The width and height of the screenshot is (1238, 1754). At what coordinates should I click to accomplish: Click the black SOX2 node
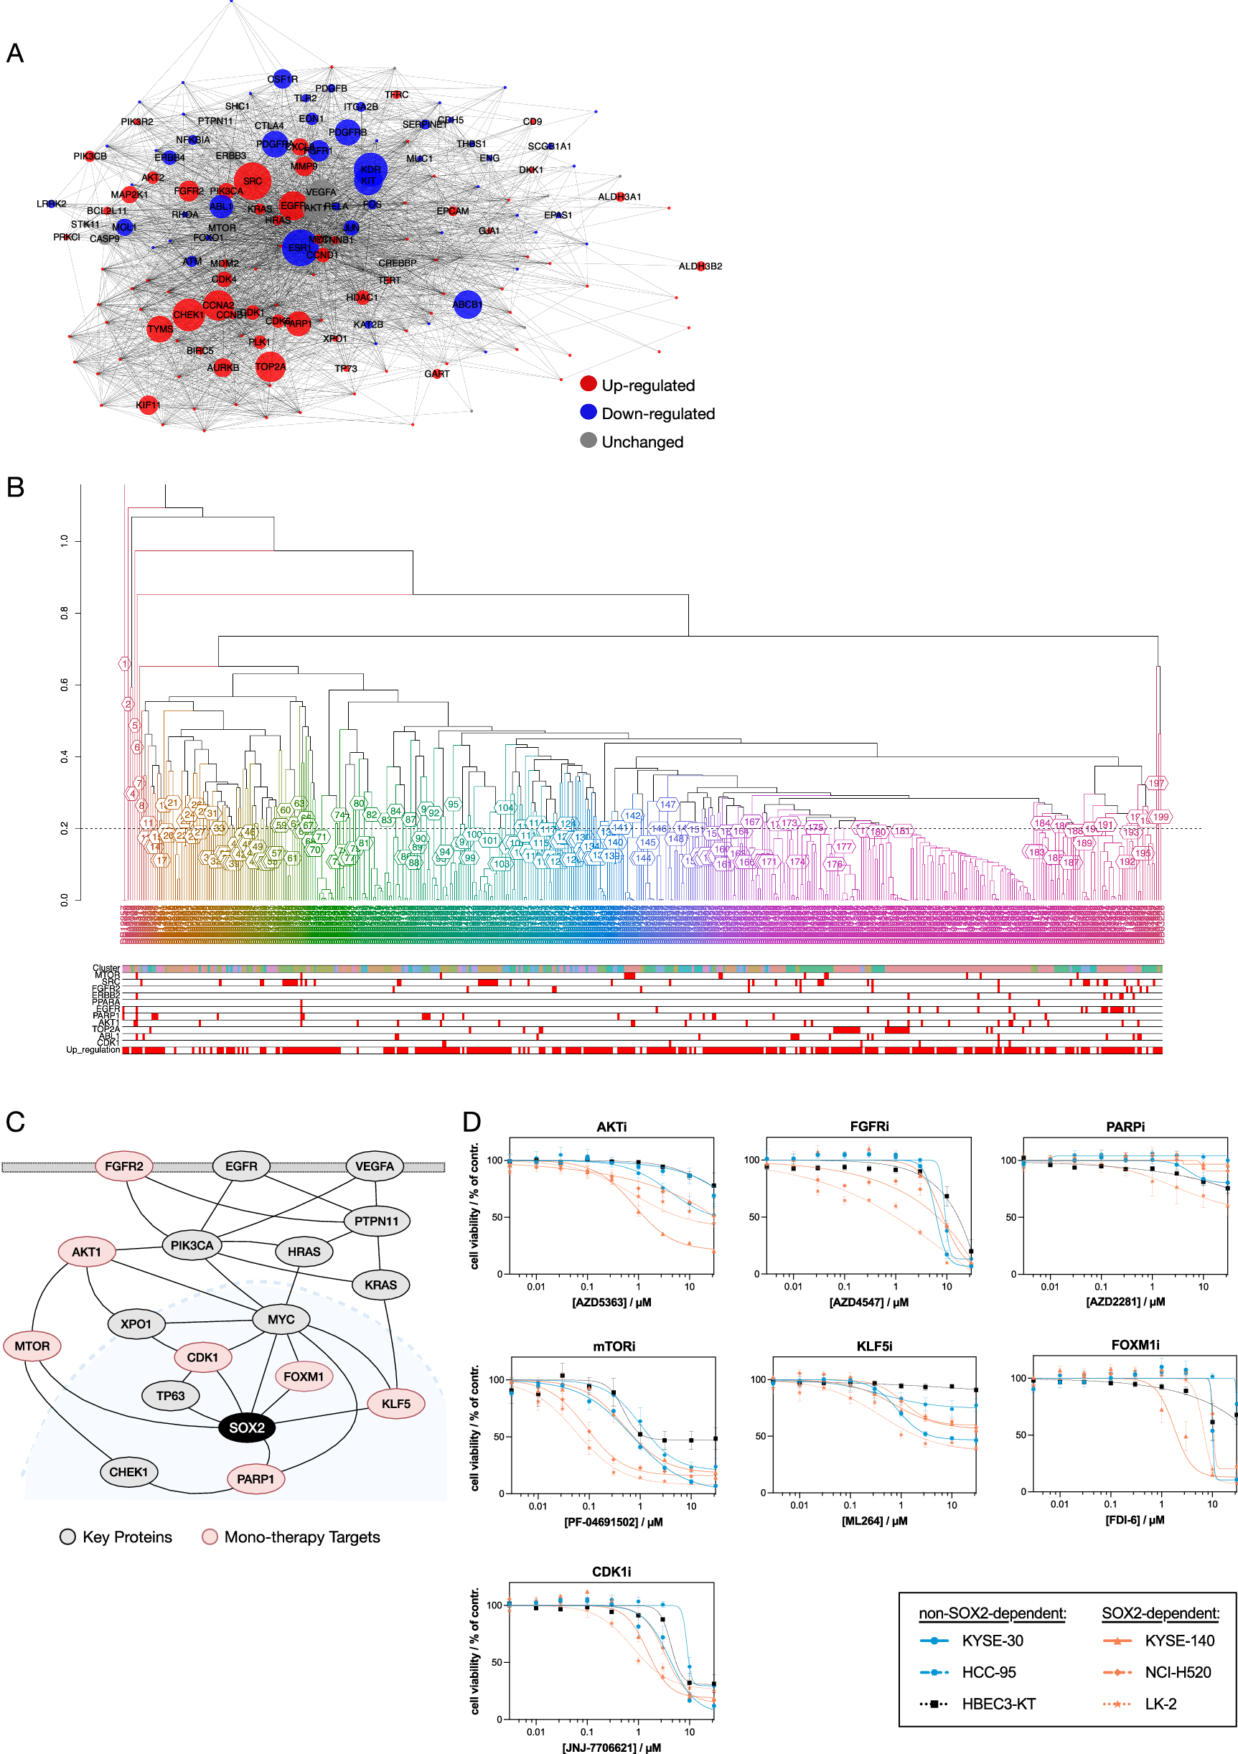click(x=247, y=1427)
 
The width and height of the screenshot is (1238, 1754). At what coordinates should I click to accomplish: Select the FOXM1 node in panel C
click(x=303, y=1377)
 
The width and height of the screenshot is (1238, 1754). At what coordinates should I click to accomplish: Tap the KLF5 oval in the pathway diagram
click(x=395, y=1403)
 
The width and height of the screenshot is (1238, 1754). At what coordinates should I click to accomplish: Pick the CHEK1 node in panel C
click(x=128, y=1471)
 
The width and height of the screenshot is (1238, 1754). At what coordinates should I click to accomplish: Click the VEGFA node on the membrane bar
click(x=374, y=1166)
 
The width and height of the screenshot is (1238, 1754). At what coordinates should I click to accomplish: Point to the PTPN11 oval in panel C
click(x=377, y=1221)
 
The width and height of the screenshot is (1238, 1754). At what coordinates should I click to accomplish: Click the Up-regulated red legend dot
click(x=588, y=383)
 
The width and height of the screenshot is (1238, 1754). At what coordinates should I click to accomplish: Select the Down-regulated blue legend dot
click(x=588, y=412)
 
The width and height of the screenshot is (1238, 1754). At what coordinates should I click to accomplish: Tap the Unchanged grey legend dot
click(x=588, y=440)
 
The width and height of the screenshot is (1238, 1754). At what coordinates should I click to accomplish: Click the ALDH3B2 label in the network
click(x=700, y=266)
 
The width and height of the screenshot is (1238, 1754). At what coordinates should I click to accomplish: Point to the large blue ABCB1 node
click(x=467, y=304)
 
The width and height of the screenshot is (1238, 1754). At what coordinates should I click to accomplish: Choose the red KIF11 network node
click(x=147, y=404)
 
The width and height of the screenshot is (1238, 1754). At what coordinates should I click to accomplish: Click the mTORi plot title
click(x=614, y=1346)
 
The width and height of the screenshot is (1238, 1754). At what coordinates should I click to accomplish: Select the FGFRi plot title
click(x=869, y=1127)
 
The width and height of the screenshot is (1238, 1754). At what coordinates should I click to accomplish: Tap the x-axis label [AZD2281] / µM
click(x=1126, y=1302)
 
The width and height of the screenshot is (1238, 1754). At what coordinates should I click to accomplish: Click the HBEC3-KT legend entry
click(x=998, y=1704)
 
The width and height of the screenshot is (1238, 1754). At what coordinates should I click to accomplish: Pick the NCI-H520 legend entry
click(x=1178, y=1672)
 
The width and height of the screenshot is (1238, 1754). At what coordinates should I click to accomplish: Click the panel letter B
click(x=15, y=487)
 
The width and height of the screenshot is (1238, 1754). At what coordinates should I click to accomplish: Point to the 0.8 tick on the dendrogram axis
click(x=64, y=613)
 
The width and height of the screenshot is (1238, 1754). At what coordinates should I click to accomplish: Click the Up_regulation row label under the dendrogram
click(x=93, y=1051)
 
